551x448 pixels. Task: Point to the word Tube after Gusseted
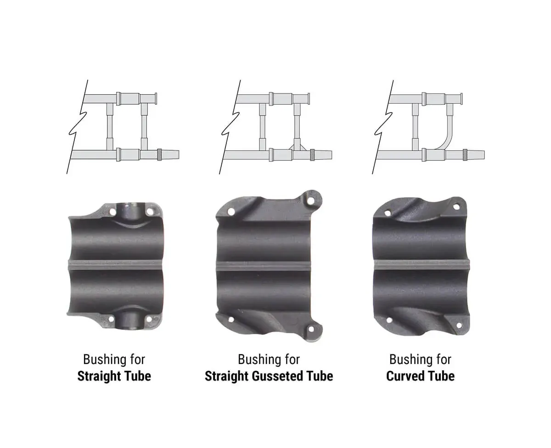point(320,376)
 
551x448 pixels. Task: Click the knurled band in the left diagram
point(160,155)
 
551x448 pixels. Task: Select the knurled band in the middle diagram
point(312,155)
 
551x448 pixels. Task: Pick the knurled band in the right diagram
point(465,155)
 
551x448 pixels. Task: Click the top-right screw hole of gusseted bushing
point(311,201)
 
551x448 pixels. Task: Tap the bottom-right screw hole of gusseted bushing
point(311,329)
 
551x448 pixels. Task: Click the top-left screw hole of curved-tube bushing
point(388,213)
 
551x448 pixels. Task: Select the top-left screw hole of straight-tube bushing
point(112,212)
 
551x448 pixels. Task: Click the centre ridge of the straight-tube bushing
point(115,265)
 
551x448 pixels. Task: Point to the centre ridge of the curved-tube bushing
point(421,265)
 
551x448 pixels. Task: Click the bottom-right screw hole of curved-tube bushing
point(459,325)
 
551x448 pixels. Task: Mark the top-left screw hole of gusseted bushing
point(231,212)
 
